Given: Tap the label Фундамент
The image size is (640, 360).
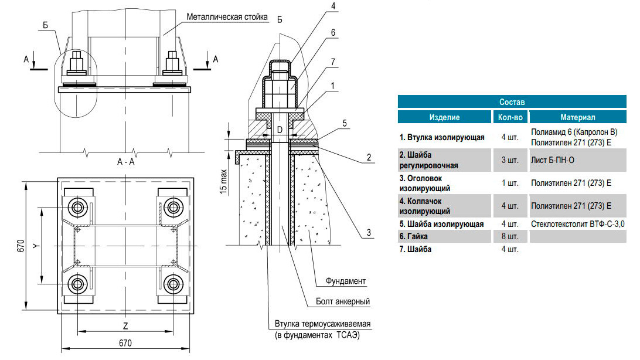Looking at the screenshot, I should click(346, 281).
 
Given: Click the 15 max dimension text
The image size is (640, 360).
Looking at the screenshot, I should click(224, 179).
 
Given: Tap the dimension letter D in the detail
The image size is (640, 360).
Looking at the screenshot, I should click(280, 128).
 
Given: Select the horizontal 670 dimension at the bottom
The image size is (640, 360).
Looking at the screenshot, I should click(125, 343).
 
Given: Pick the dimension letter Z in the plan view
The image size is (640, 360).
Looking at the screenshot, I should click(125, 324).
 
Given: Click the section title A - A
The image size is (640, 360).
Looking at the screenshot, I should click(126, 162).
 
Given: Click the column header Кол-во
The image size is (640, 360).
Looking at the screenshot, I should click(509, 117).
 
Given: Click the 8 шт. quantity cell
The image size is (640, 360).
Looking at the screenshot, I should click(509, 236).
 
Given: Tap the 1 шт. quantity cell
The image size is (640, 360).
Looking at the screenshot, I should click(509, 183).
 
